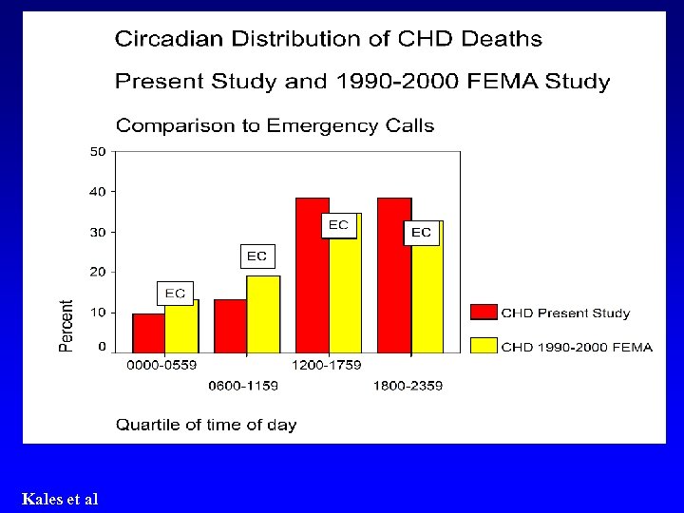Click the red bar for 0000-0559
[x=148, y=333]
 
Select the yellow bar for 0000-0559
[x=181, y=328]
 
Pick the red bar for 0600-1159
[x=230, y=327]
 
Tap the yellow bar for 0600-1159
[x=263, y=314]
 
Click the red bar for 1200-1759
[x=313, y=275]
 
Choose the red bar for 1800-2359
[x=394, y=275]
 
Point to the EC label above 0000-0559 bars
[x=175, y=294]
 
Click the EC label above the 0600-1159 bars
[x=256, y=256]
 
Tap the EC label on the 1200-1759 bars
[x=338, y=225]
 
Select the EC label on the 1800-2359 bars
[x=421, y=232]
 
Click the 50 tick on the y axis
[x=98, y=151]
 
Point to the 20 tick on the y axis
[x=98, y=272]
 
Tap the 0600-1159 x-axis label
[x=243, y=385]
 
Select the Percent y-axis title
[x=66, y=326]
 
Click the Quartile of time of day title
[x=206, y=425]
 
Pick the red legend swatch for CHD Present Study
[x=484, y=313]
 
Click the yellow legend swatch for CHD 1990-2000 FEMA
[x=484, y=346]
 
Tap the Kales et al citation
[x=60, y=499]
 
